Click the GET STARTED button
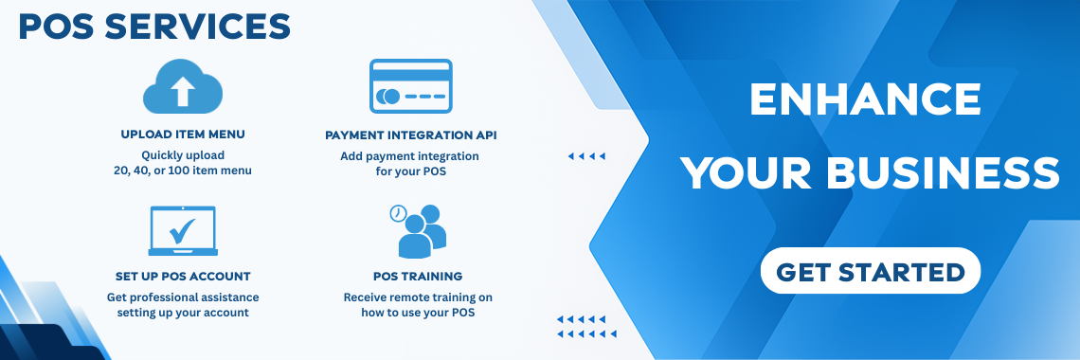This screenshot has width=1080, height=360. coord(870,271)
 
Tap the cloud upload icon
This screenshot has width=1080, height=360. coord(183,87)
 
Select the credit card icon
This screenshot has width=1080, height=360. coord(410,86)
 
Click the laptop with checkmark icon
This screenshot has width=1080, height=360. coord(183,231)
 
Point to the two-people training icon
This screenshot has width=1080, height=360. coord(418,231)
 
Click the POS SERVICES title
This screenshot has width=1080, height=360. coord(154,27)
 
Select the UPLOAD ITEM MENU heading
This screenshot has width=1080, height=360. coord(183,135)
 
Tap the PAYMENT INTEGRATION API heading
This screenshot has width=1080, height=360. coord(410,135)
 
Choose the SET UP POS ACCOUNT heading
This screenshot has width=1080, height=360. coord(183,276)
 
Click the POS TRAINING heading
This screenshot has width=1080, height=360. coord(418,276)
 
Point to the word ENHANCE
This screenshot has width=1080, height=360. coord(865,99)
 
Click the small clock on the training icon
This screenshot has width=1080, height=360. coord(398,213)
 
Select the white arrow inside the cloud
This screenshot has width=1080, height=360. coord(183,91)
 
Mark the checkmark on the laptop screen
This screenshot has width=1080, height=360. coord(182,231)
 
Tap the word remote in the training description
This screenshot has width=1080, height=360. coord(421,297)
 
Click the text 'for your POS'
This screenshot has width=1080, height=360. coord(410,171)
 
